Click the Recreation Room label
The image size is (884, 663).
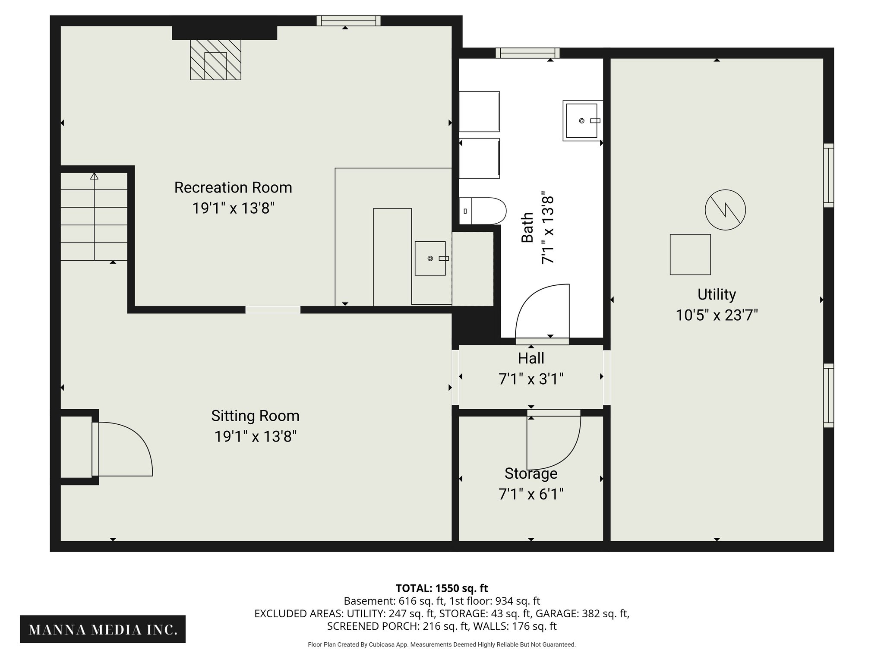pos(233,188)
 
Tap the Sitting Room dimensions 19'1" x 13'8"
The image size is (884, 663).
pos(255,436)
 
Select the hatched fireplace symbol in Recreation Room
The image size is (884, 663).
pos(215,60)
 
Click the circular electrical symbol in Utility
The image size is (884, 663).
pos(725,210)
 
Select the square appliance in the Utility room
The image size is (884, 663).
pos(690,254)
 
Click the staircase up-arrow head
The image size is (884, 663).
pos(94,176)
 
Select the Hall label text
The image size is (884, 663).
pos(531,358)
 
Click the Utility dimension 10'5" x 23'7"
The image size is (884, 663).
pos(717,315)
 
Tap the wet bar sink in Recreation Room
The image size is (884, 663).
pos(430,258)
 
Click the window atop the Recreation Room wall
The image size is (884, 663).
pos(348,20)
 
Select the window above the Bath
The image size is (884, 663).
pos(527,53)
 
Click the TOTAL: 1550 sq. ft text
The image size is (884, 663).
pos(442,588)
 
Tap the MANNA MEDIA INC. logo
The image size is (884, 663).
pos(103,630)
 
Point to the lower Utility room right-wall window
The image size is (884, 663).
pos(828,395)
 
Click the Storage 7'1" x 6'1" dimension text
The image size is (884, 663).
pos(531,494)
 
